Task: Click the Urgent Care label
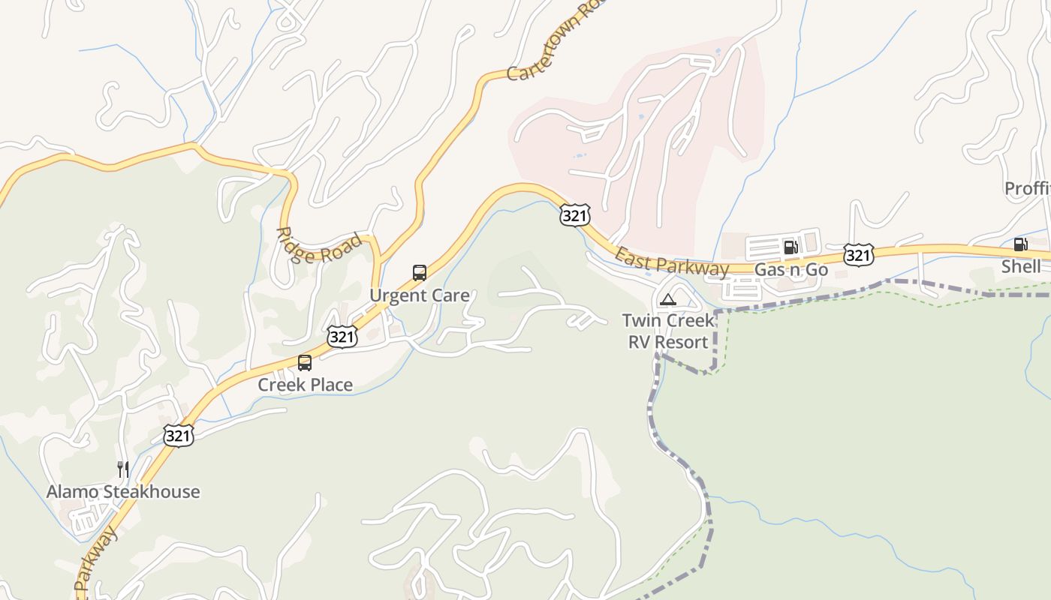419,295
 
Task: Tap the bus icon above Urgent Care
420,273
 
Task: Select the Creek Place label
305,385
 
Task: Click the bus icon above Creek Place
305,363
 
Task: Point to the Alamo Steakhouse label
123,492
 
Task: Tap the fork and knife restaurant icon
123,469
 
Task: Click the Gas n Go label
791,270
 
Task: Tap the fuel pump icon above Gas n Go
791,247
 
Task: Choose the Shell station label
1021,266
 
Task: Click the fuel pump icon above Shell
1020,244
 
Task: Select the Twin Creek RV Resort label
667,331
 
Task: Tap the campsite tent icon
667,300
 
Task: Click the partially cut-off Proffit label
1028,188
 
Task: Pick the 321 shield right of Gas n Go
858,255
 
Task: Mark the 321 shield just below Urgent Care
342,337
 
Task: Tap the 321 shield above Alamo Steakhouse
179,435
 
